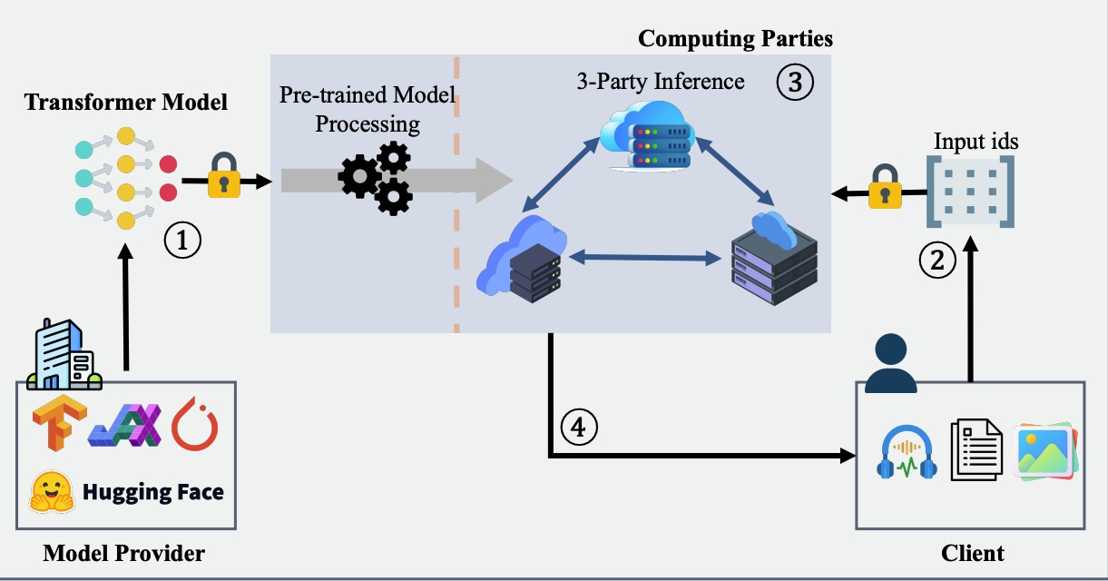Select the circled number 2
tap(937, 261)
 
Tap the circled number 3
tap(794, 83)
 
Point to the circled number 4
tap(579, 425)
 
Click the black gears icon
tap(376, 178)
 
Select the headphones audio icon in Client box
tap(907, 452)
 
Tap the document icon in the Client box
tap(976, 450)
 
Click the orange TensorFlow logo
tap(58, 424)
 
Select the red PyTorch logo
tap(195, 423)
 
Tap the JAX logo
tap(124, 424)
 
